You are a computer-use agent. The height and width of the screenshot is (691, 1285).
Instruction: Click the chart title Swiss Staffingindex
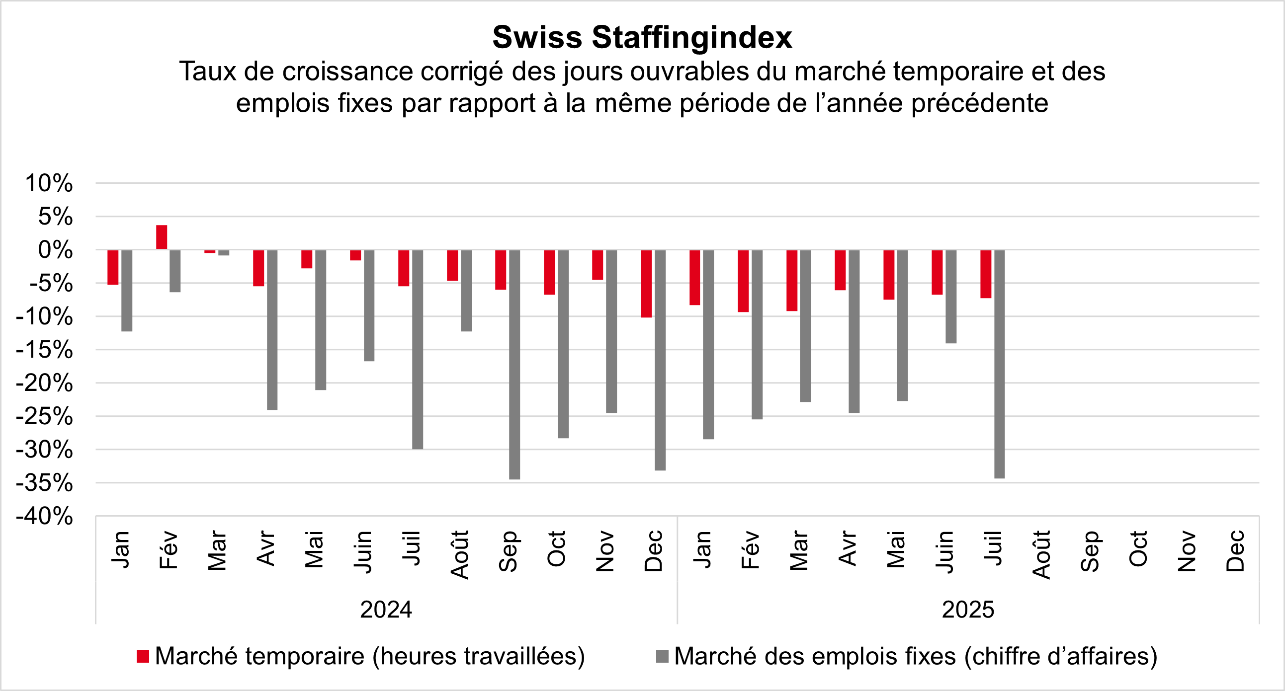coord(642,37)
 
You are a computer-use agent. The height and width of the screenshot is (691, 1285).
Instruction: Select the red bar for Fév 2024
coord(162,237)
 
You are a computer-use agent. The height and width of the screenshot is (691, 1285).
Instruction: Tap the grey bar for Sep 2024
coord(514,364)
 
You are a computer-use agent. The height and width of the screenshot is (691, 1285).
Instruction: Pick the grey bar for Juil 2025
coord(999,364)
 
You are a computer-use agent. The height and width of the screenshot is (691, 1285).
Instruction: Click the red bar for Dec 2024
coord(646,283)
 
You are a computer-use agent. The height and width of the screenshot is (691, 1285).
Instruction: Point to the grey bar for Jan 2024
coord(127,290)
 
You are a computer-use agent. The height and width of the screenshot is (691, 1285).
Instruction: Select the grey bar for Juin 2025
coord(951,297)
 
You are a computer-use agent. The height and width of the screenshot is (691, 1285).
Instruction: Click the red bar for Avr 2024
coord(258,268)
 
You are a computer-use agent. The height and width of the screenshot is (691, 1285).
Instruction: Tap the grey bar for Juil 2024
coord(418,349)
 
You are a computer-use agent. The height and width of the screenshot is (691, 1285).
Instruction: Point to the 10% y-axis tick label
coord(49,183)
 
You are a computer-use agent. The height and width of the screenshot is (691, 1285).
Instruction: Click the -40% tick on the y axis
coord(45,517)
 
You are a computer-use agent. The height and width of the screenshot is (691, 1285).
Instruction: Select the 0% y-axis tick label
coord(55,250)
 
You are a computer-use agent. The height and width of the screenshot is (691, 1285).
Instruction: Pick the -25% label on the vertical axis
coord(45,417)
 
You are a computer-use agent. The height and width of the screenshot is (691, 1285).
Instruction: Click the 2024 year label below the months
coord(386,610)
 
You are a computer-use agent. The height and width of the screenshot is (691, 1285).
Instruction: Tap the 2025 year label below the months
coord(968,610)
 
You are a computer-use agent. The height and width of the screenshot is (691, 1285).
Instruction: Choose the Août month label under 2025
coord(1041,554)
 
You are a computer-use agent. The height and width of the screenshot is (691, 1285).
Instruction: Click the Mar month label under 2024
coord(217,550)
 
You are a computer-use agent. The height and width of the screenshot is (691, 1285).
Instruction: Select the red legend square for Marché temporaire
coord(143,657)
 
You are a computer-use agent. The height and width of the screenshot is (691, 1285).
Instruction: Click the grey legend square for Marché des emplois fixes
coord(662,657)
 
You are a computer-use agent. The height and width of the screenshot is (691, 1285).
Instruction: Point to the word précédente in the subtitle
coord(979,104)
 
